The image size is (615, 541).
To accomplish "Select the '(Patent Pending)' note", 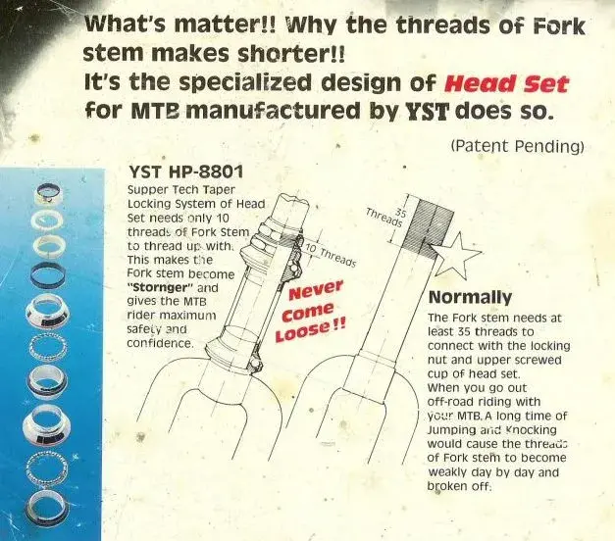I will coord(516,147).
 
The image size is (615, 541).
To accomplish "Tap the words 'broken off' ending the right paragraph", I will coord(459,485).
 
